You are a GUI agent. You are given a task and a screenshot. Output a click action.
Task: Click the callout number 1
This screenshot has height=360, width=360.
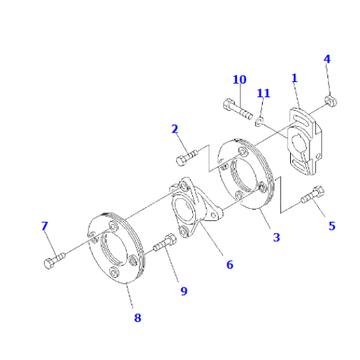[x=294, y=77]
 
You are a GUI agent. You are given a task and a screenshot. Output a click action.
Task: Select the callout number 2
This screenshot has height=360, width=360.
[x=174, y=129]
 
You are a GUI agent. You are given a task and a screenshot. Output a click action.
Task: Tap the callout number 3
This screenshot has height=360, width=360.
[x=276, y=237]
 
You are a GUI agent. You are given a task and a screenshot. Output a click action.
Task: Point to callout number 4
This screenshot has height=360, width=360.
[x=327, y=59]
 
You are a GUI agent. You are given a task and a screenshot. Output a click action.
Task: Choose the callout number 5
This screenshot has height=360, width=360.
[x=332, y=225]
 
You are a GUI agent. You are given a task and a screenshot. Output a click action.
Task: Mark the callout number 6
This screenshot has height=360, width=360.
[x=230, y=264]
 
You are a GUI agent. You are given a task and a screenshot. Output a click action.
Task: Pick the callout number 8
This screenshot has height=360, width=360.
[x=138, y=317]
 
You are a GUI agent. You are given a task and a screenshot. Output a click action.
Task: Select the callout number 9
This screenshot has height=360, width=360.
[x=184, y=291]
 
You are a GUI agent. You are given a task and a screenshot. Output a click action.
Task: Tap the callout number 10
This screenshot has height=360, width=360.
[x=239, y=79]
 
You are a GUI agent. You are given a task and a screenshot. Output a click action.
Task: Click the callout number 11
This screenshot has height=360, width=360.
[x=264, y=93]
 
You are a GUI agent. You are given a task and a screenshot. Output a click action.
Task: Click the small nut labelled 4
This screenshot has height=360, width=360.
[x=330, y=102]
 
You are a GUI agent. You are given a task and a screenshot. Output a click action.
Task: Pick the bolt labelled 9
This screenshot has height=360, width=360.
[x=165, y=244]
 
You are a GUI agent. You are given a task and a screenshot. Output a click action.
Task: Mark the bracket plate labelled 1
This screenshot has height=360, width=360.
[x=304, y=140]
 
